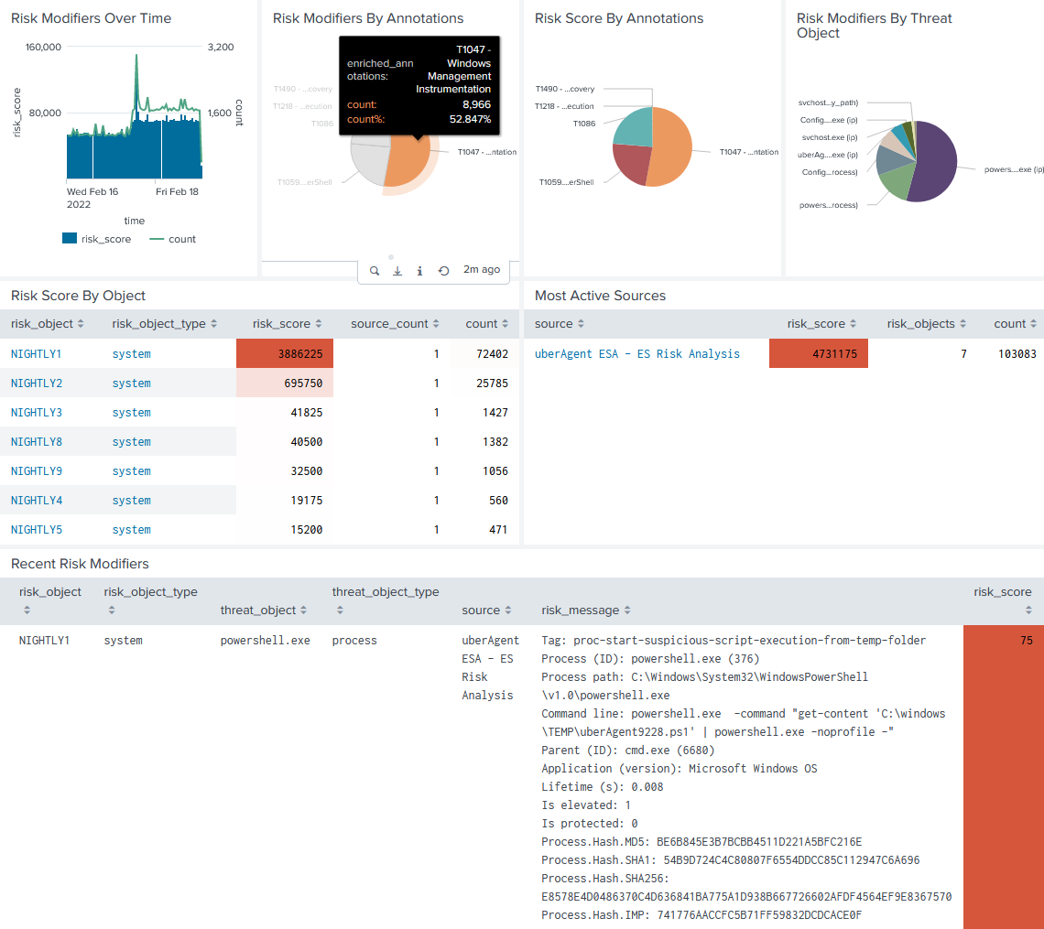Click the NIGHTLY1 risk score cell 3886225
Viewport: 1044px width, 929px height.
(285, 354)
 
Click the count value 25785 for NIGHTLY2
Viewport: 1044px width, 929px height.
(486, 383)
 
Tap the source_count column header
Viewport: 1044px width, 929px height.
(389, 324)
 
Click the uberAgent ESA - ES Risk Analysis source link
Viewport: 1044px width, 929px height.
(636, 354)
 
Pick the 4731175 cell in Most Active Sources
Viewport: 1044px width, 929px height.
(818, 354)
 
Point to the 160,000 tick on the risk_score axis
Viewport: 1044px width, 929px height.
(42, 48)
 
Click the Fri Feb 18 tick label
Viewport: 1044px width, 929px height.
(177, 192)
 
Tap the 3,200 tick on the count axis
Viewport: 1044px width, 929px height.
(221, 48)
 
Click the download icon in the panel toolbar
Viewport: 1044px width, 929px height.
(397, 271)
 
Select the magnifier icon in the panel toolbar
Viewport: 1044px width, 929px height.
(375, 271)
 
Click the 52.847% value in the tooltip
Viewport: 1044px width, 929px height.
(470, 119)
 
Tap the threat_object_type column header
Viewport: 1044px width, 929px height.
(386, 592)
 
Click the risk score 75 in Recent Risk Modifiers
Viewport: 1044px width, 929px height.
(1026, 641)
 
